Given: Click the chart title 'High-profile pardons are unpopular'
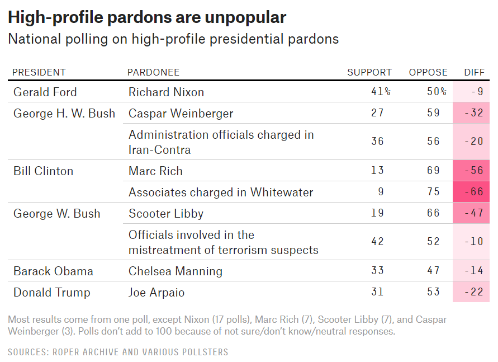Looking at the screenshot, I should click(147, 17).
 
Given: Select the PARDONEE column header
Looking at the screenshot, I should click(154, 72).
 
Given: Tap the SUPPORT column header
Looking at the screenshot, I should click(369, 72).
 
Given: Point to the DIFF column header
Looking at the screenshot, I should click(475, 72).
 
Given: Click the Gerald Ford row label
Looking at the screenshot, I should click(45, 92).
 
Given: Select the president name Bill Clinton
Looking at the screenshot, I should click(43, 171).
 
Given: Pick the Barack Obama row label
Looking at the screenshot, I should click(53, 271).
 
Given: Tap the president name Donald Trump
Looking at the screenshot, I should click(51, 293).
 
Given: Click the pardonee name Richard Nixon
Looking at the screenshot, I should click(166, 92).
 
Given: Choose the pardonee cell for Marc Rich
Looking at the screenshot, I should click(155, 171).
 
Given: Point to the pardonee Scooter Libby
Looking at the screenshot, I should click(166, 213).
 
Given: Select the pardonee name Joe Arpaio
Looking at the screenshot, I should click(156, 293).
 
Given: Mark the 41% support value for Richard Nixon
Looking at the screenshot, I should click(381, 92).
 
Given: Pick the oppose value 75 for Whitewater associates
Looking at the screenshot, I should click(434, 192).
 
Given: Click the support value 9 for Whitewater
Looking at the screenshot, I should click(381, 192).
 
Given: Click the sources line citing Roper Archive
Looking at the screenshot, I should click(118, 352).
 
